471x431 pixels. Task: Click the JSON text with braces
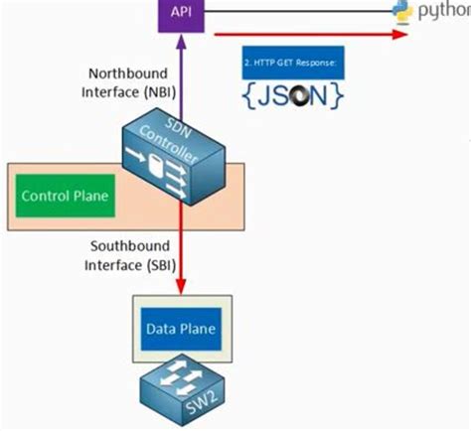[x=292, y=96]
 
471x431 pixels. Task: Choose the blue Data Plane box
[x=182, y=327]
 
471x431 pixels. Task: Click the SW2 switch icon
[x=182, y=387]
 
